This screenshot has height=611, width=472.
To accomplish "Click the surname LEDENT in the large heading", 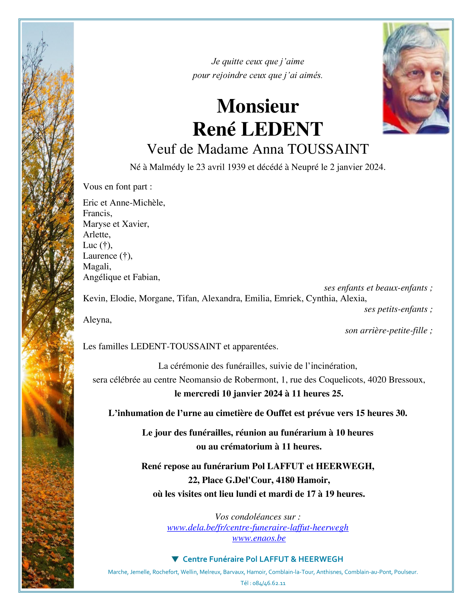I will coord(282,129).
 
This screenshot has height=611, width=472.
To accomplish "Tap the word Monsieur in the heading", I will coord(258,106).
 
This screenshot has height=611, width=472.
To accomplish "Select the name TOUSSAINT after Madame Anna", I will coord(328,149).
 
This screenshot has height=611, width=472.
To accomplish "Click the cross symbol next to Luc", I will coord(105,245).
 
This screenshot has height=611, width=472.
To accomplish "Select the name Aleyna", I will coord(97,320).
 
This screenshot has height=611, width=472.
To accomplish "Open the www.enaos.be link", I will coord(259,538).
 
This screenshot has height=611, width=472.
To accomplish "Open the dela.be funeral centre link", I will coord(258,527).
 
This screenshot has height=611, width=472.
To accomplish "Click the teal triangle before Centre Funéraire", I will coord(175,559).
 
